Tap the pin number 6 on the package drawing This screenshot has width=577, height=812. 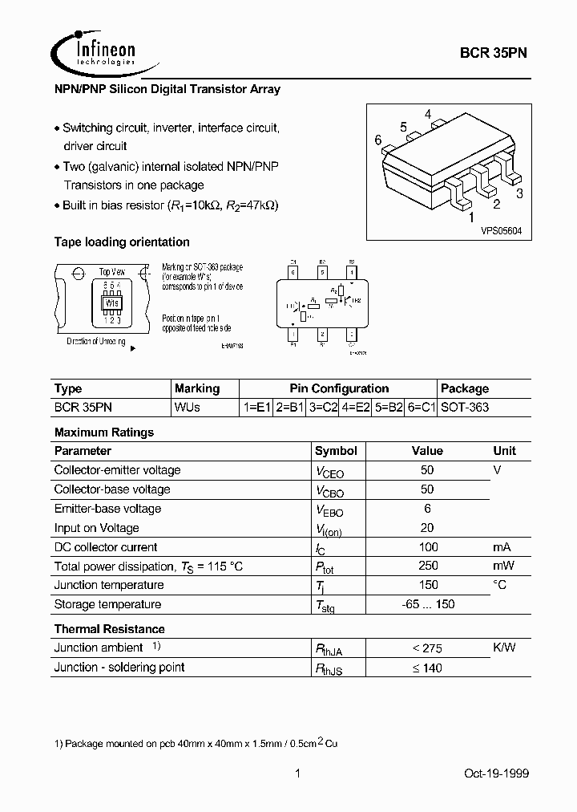(x=377, y=140)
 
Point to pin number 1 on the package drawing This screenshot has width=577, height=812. (x=471, y=217)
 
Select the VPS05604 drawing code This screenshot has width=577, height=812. (x=501, y=230)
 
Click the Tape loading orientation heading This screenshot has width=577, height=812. (x=122, y=242)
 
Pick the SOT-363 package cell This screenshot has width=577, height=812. (x=466, y=407)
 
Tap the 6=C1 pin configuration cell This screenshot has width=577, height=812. (x=420, y=407)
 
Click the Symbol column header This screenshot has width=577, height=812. (x=336, y=451)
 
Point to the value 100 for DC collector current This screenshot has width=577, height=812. (x=427, y=547)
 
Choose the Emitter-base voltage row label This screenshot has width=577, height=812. (x=107, y=509)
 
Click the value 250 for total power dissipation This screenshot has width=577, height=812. (x=427, y=566)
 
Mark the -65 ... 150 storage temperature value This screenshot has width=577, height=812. (x=427, y=605)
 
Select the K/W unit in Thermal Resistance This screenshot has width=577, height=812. (x=505, y=648)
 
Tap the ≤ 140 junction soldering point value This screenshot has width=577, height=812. (x=427, y=668)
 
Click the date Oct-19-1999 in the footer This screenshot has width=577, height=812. (x=497, y=773)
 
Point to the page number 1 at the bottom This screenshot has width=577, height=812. (x=297, y=773)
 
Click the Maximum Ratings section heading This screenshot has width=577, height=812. (x=104, y=432)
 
